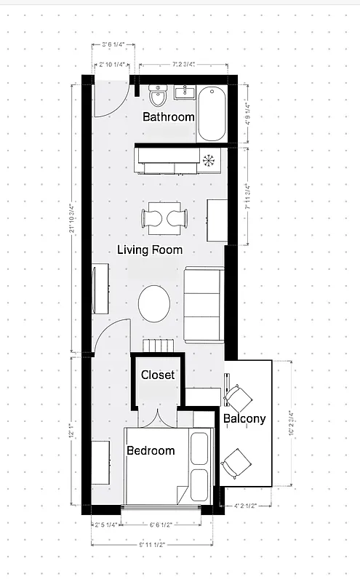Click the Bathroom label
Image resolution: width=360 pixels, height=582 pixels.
(168, 117)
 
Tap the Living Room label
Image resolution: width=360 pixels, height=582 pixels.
(150, 250)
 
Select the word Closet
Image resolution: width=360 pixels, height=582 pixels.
(158, 375)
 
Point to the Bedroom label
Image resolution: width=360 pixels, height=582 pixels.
(151, 451)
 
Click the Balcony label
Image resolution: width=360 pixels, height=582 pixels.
(244, 419)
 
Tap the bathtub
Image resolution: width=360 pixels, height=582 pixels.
(212, 113)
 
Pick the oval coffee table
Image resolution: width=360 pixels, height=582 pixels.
(154, 300)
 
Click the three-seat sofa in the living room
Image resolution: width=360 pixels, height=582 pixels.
(202, 304)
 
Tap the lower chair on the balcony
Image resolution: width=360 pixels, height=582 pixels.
(238, 461)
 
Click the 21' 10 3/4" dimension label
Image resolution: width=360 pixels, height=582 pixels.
(72, 218)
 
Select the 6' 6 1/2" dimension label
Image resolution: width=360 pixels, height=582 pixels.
(160, 524)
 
